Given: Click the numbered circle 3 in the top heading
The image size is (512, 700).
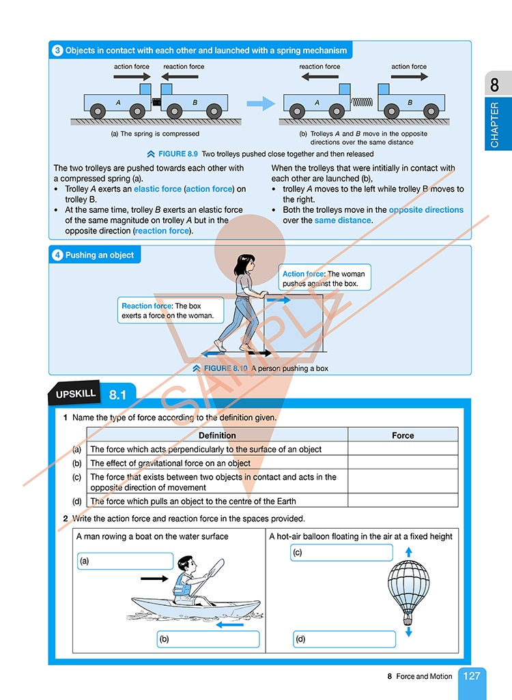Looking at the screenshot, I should click(58, 50).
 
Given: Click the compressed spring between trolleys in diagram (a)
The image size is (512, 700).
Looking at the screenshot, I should click(156, 102).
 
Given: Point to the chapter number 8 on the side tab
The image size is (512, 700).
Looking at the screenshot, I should click(494, 85).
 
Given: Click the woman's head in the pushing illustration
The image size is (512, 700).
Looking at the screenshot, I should click(244, 264).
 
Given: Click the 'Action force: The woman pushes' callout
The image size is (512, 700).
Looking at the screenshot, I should click(326, 278).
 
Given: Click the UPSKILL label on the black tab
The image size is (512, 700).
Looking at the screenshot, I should click(76, 394).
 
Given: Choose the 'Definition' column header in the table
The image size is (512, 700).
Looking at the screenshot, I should click(217, 435).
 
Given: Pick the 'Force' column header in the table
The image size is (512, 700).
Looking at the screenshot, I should click(403, 435).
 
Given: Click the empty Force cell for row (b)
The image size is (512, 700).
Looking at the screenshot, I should click(403, 463).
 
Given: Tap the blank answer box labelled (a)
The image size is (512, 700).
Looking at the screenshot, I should click(126, 562).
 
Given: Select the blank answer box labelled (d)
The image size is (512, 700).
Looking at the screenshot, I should click(344, 639).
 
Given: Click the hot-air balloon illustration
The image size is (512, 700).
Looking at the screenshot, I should click(408, 590).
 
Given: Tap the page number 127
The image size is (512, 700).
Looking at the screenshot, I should click(472, 676).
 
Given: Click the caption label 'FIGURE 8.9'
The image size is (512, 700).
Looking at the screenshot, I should click(177, 154).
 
